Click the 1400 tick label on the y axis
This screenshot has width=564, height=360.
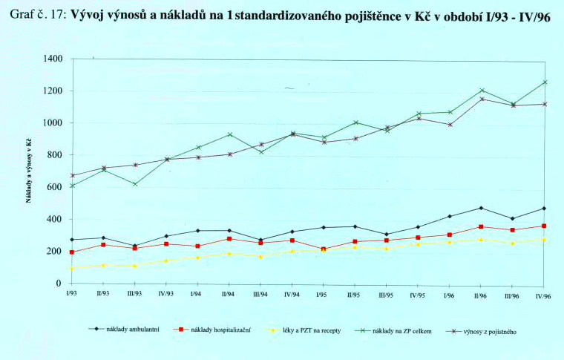tap(53, 59)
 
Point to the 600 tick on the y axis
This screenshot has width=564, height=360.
tap(56, 187)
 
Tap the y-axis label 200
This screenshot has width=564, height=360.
tap(56, 252)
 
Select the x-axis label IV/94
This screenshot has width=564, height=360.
tap(292, 294)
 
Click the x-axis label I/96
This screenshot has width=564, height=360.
tap(450, 294)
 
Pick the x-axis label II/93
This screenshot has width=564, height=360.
tap(103, 294)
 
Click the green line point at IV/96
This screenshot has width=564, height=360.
tap(545, 82)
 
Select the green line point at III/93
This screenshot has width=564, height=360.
tap(134, 183)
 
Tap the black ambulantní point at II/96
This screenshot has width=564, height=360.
tap(482, 208)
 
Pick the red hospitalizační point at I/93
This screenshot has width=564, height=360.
tap(71, 252)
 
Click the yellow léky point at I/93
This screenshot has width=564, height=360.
tap(71, 269)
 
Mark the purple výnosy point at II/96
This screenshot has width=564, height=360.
tap(482, 99)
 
